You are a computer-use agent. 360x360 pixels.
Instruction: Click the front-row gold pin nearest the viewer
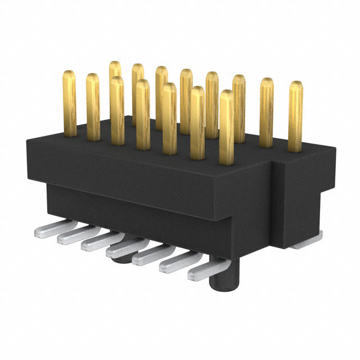[226, 127]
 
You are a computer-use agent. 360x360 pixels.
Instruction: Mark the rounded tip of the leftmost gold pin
[70, 74]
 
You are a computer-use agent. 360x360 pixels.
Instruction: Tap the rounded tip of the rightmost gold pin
[296, 85]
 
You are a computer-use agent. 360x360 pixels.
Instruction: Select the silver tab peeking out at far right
[307, 244]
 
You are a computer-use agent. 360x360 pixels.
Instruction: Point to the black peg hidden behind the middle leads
[120, 259]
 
